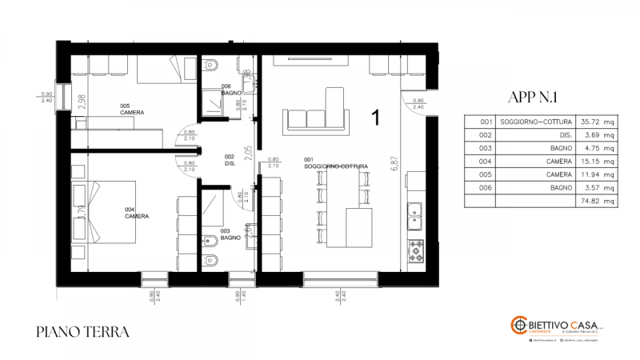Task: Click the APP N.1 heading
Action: tap(532, 98)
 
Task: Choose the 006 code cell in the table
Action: tap(486, 189)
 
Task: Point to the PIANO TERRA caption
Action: tap(82, 330)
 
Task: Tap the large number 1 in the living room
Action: tap(374, 118)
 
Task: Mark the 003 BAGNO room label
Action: tap(230, 235)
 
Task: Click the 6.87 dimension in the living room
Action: tap(394, 164)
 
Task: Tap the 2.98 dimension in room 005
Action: tap(81, 102)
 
